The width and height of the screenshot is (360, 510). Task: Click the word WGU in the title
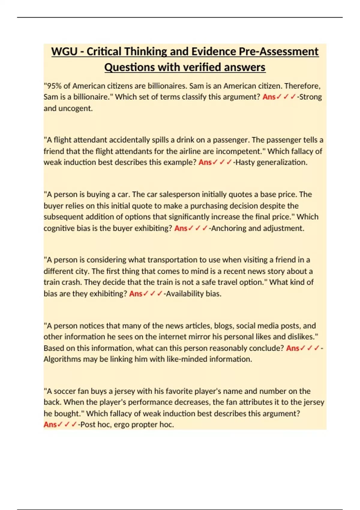click(x=64, y=52)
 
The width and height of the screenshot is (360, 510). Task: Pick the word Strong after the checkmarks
click(x=310, y=97)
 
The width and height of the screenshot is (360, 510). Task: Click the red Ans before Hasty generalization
click(x=205, y=162)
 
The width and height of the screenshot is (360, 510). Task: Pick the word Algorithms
click(x=62, y=359)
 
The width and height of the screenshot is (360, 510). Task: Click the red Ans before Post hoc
click(x=50, y=424)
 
